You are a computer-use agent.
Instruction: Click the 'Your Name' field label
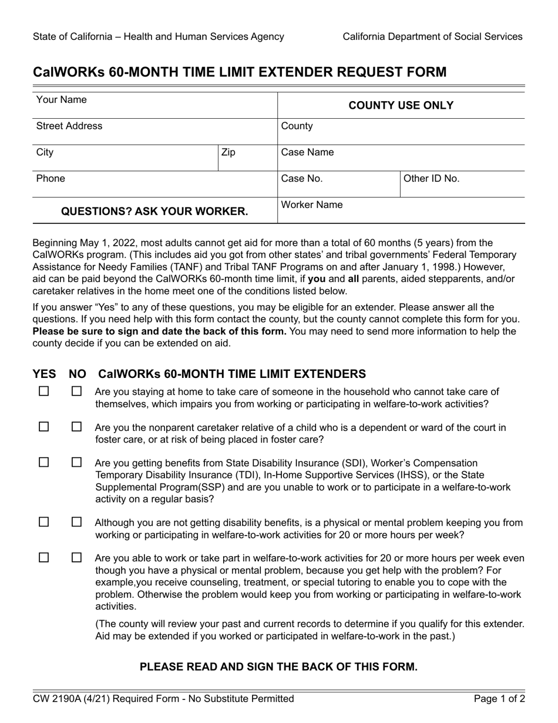(x=61, y=100)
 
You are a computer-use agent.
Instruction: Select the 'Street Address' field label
(x=69, y=126)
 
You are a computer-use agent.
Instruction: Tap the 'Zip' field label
(x=228, y=152)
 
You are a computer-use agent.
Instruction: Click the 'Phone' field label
(x=51, y=178)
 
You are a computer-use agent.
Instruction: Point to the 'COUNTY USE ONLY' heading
(x=401, y=105)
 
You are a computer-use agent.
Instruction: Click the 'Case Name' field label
(x=307, y=152)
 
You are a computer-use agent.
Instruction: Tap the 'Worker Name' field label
(x=312, y=205)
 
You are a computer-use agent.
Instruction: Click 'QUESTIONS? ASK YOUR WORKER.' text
(x=154, y=211)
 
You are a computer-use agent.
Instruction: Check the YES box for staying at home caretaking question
(x=43, y=391)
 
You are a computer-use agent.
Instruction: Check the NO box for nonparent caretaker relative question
(x=76, y=427)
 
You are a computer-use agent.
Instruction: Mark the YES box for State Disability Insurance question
(x=43, y=463)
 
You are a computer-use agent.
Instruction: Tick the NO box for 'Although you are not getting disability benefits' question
(x=76, y=522)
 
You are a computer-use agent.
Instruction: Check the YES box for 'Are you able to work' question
(x=43, y=557)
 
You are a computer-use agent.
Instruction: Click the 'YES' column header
(x=44, y=374)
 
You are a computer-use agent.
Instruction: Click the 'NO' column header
(x=77, y=374)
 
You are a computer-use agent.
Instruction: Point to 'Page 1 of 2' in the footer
(x=499, y=699)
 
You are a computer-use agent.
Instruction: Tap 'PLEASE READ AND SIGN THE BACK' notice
(x=278, y=667)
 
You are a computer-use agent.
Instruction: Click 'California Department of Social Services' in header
(x=432, y=36)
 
